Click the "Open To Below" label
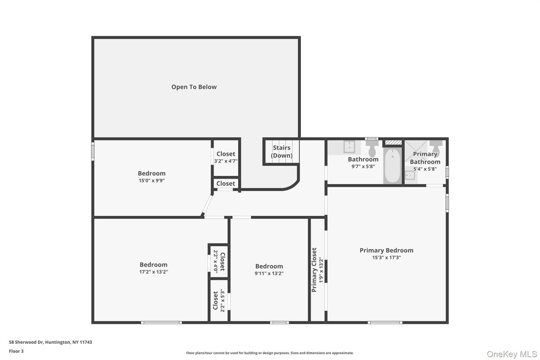click(194, 87)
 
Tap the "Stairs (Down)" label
click(282, 151)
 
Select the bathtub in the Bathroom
click(393, 166)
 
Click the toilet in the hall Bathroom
click(372, 149)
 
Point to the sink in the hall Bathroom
click(349, 147)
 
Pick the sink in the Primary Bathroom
click(410, 175)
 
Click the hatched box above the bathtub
click(393, 142)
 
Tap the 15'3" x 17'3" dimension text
click(386, 257)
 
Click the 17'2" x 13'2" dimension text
click(154, 272)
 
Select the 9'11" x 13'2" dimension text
click(269, 274)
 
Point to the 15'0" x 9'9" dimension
click(152, 180)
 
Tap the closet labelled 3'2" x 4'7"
click(226, 158)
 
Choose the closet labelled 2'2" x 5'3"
click(219, 300)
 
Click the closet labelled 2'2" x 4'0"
click(219, 261)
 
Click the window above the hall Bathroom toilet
click(371, 139)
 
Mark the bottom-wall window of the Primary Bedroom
click(385, 322)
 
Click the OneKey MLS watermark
click(512, 354)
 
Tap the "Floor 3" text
click(16, 351)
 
